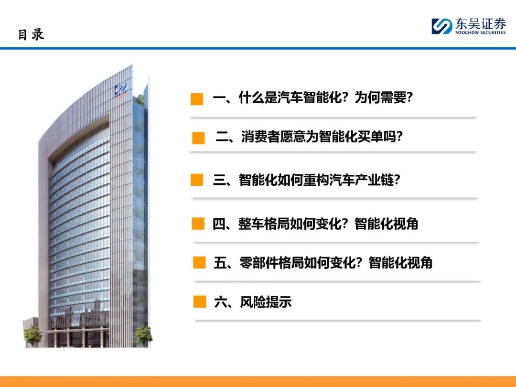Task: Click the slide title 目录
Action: point(31,34)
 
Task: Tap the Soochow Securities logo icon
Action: point(441,26)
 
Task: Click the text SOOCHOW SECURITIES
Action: point(480,32)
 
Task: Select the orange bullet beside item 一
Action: point(197,99)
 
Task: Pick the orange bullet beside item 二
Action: point(198,138)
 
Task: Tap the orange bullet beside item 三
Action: point(197,180)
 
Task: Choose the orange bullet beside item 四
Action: point(198,224)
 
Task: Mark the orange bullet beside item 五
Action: point(199,263)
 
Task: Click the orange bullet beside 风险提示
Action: point(200,301)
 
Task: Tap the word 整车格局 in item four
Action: point(264,224)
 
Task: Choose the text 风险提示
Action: point(266,302)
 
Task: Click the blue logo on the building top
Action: point(120,89)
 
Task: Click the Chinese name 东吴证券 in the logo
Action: point(480,24)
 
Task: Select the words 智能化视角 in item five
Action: point(400,263)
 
